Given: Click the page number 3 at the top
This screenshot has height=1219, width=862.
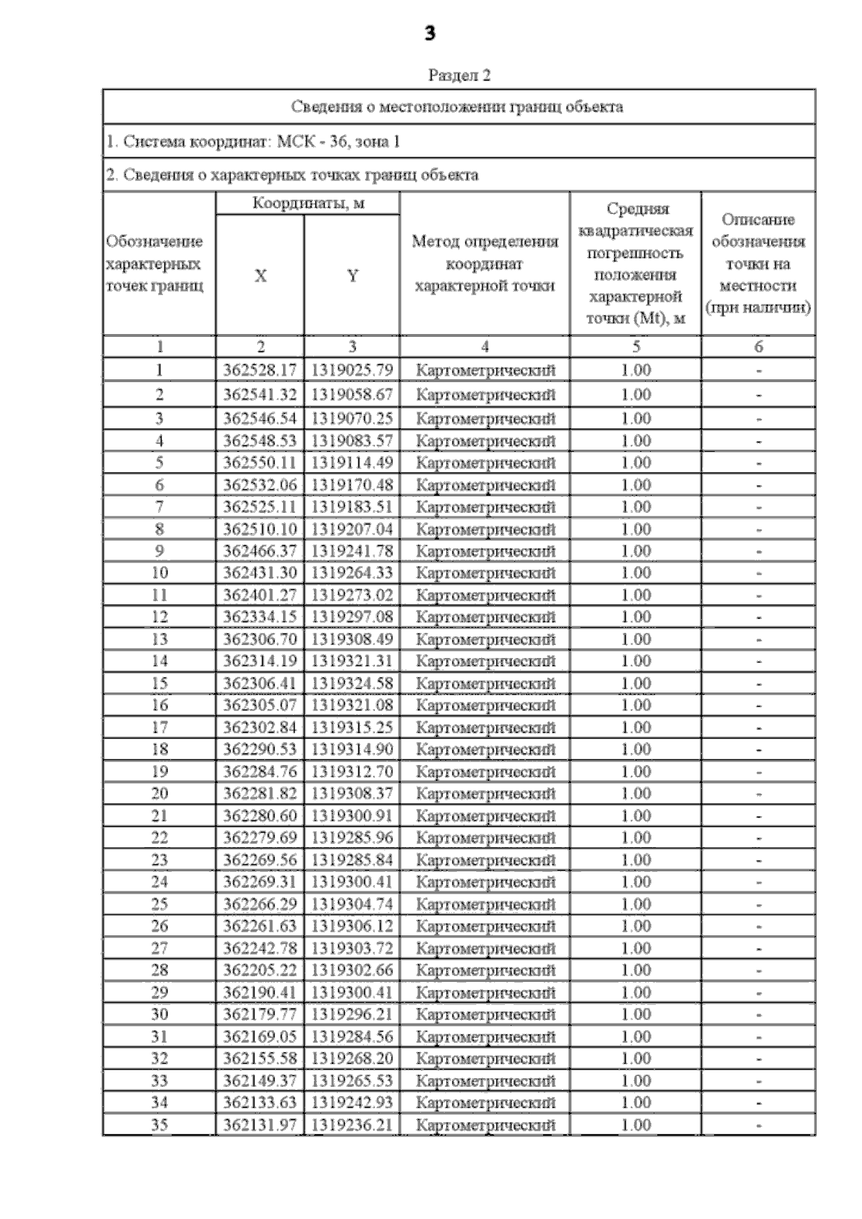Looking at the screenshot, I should (430, 33).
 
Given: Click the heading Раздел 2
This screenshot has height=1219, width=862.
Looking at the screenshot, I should (459, 75).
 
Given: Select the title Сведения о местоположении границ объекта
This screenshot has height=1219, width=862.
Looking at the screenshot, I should (457, 107).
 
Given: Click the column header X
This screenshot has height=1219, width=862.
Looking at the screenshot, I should (260, 276).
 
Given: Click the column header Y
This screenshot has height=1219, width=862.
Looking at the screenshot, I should (352, 276).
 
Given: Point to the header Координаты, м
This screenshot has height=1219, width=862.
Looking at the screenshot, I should (308, 203).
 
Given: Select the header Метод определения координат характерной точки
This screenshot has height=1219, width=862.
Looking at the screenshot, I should (484, 264).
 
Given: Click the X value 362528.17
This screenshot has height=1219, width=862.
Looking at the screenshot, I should (259, 371).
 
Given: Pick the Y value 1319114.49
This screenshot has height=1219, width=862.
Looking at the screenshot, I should (352, 463).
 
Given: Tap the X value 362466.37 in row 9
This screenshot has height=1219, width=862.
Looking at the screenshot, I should (259, 551).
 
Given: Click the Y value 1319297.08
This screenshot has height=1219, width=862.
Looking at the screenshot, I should (352, 617).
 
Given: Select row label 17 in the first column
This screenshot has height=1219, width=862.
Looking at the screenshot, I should (159, 728).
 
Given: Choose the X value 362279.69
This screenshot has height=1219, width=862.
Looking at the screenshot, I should (259, 838).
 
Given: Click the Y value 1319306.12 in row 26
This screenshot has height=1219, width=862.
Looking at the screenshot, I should (352, 926).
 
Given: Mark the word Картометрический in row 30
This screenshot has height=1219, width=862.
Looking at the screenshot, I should (486, 1014).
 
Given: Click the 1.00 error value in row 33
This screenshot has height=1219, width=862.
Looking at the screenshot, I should (636, 1080).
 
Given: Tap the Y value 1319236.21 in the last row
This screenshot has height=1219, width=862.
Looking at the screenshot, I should (352, 1125).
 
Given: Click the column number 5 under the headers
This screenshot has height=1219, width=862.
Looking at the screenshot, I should (636, 347).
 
